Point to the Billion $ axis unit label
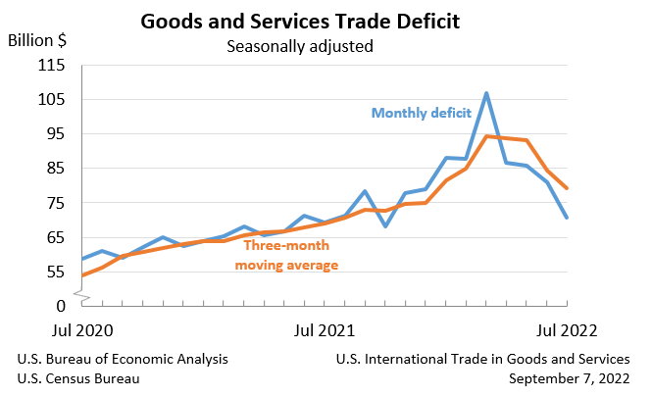[37, 41]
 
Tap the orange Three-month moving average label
[290, 255]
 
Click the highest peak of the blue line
[486, 93]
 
